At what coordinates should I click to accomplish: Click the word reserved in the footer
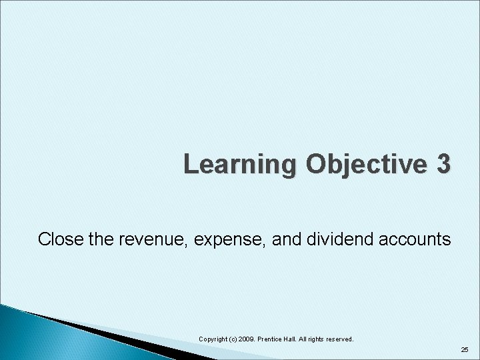click(352, 339)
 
